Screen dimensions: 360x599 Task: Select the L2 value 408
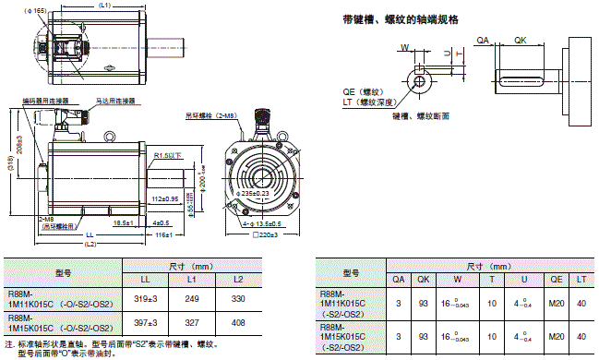coord(238,324)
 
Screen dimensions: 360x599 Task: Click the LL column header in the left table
coord(145,279)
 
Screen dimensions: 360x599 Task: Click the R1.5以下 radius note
coord(170,155)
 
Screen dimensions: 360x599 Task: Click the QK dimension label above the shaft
coord(521,41)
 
